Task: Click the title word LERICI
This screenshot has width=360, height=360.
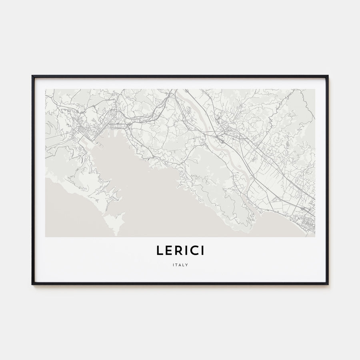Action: point(180,250)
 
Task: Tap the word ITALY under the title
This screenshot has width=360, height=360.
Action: point(180,264)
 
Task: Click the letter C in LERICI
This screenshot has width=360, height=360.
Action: point(195,250)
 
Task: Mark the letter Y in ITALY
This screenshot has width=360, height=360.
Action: point(186,264)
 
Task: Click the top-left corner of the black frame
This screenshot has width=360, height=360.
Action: point(32,76)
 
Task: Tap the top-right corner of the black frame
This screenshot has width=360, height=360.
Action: point(328,76)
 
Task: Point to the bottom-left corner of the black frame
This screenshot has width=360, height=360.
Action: point(32,284)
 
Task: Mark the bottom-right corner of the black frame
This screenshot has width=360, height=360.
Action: point(328,284)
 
